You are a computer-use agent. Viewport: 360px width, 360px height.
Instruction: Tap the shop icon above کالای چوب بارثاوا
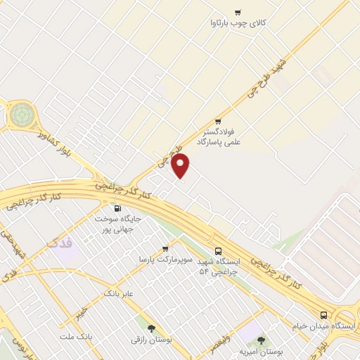238,12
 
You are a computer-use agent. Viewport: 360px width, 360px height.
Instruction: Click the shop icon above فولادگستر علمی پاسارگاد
218,121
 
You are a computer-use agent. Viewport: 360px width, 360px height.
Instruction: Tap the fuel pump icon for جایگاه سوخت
117,208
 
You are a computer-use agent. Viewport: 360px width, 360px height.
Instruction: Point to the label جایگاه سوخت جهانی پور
118,224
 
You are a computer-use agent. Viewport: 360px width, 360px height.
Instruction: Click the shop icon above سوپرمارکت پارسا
165,248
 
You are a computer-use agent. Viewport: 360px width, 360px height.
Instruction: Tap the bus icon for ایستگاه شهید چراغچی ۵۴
218,250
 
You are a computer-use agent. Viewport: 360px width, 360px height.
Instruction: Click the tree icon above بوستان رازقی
151,328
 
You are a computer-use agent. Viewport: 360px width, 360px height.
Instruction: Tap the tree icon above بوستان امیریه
261,340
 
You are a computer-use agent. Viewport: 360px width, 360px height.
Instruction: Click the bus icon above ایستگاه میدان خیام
323,315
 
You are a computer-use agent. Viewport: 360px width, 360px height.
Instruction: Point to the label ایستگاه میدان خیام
323,327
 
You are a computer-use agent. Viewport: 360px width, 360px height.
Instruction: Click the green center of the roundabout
21,112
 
